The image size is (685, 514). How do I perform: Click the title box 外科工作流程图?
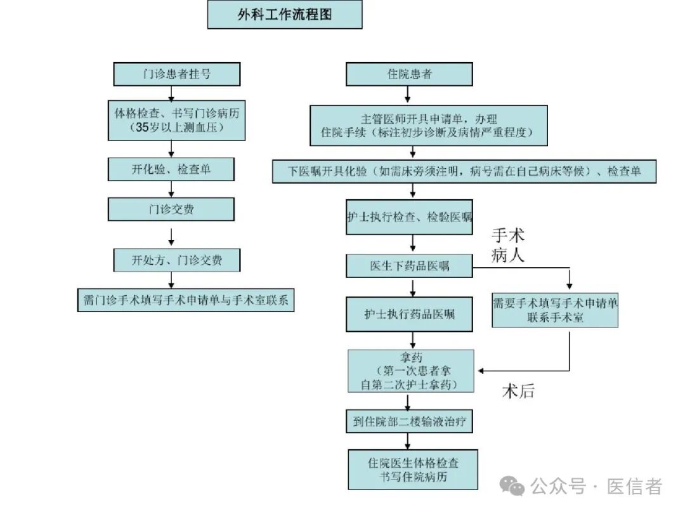click(x=285, y=15)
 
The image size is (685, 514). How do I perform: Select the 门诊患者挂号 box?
click(x=176, y=74)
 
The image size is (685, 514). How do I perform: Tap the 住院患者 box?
click(x=409, y=74)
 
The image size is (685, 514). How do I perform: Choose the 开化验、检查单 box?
click(x=171, y=169)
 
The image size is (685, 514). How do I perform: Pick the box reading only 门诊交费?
click(x=171, y=209)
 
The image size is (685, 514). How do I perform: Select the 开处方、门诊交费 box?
click(x=176, y=260)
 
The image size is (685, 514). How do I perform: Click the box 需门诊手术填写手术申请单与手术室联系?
click(x=186, y=300)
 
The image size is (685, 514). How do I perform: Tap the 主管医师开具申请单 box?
click(x=429, y=126)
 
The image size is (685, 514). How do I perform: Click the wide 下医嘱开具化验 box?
click(x=464, y=171)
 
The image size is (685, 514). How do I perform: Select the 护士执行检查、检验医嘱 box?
click(x=409, y=217)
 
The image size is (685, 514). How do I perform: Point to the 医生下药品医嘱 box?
click(x=409, y=266)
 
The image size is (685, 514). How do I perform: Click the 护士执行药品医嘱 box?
click(x=409, y=314)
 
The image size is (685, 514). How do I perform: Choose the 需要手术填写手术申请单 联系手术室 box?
click(x=555, y=310)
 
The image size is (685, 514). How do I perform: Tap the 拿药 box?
click(x=409, y=371)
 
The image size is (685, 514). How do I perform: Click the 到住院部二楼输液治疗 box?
click(x=409, y=421)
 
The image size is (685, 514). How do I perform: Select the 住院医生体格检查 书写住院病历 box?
click(x=412, y=470)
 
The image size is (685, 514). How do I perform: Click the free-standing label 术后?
click(x=518, y=391)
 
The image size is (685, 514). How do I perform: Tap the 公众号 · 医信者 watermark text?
click(x=596, y=487)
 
